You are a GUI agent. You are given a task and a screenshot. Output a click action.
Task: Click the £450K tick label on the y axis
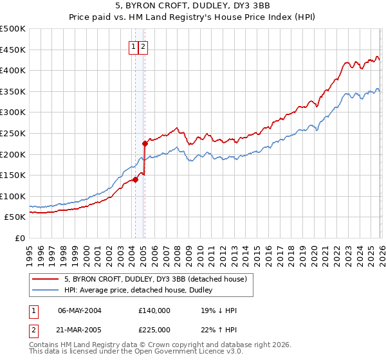(13, 50)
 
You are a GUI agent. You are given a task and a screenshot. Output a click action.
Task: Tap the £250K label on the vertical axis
(13, 133)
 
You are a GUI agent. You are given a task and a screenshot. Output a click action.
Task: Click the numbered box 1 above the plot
(134, 46)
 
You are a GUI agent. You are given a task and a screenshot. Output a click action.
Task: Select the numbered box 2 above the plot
(143, 46)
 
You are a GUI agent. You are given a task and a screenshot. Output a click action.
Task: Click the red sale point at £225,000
(145, 143)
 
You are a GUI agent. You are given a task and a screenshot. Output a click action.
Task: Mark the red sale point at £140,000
(135, 179)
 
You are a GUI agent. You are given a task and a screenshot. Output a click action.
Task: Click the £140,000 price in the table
(154, 310)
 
